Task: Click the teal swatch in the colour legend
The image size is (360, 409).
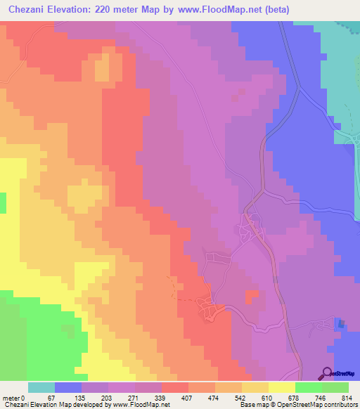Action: [41, 387]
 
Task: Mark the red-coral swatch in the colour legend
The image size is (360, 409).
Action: [175, 387]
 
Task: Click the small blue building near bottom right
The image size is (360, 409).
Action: [342, 324]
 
